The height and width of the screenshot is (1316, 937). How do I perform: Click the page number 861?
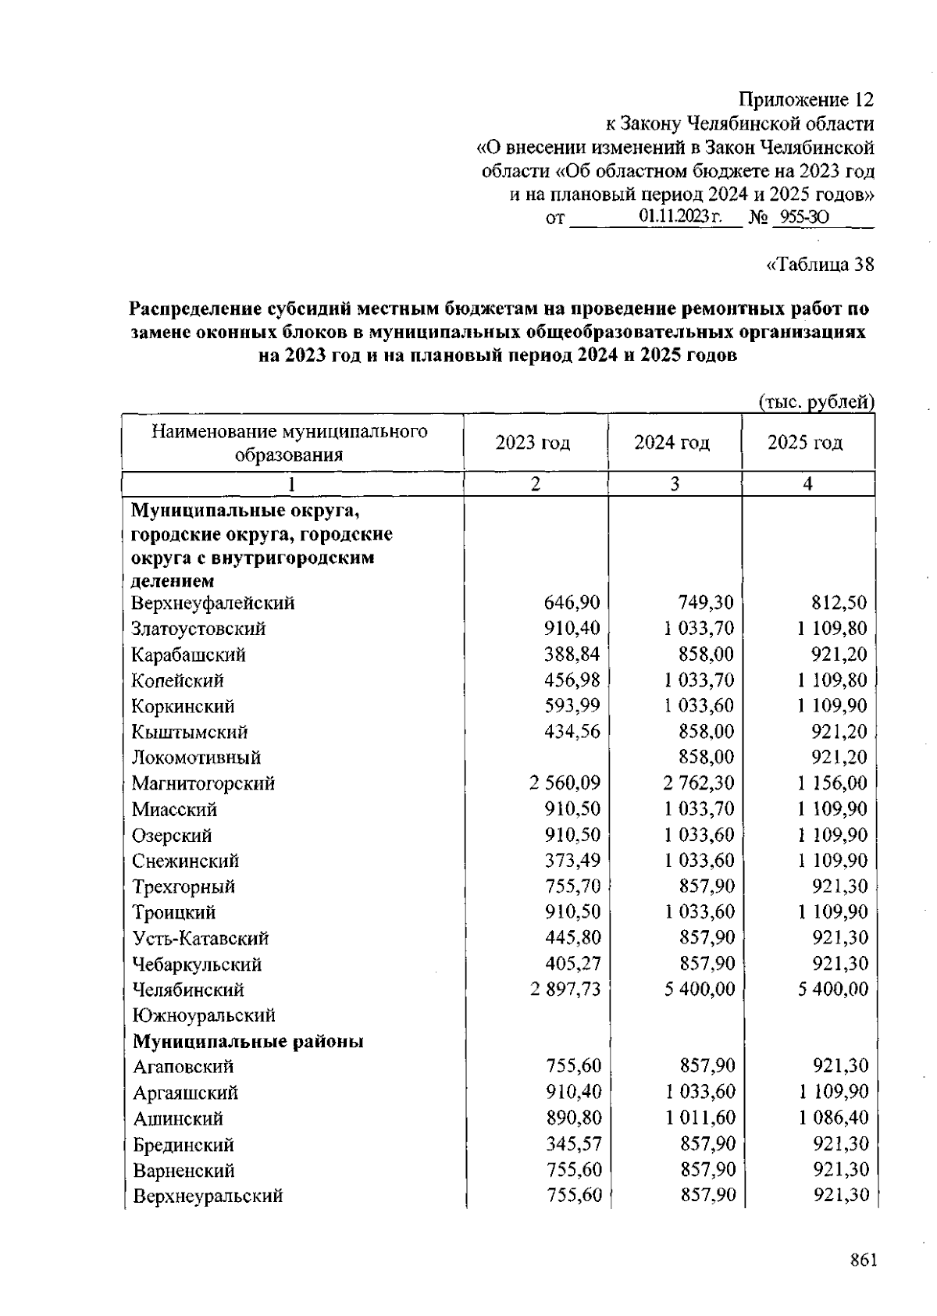[864, 1261]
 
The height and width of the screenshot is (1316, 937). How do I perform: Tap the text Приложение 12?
[806, 100]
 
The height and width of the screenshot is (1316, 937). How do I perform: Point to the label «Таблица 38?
[821, 265]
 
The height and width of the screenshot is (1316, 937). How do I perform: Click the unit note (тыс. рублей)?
[817, 402]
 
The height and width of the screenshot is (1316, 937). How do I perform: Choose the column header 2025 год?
[805, 443]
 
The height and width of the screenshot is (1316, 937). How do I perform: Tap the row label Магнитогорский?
[203, 783]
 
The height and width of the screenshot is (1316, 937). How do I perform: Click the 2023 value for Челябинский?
[565, 989]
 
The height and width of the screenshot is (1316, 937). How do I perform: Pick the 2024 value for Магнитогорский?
[699, 783]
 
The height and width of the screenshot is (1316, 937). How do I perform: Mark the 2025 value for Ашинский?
[833, 1118]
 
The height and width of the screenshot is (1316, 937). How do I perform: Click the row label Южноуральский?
[204, 1015]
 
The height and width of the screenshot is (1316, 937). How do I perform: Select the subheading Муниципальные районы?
[248, 1041]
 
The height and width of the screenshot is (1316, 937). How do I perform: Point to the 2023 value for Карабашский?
[572, 654]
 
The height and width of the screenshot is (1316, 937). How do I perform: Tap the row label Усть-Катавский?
[201, 938]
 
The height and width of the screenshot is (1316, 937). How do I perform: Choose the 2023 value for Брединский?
[574, 1143]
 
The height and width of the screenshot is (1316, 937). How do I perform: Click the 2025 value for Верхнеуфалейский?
[840, 603]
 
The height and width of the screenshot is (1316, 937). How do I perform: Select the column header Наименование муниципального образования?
[290, 443]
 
